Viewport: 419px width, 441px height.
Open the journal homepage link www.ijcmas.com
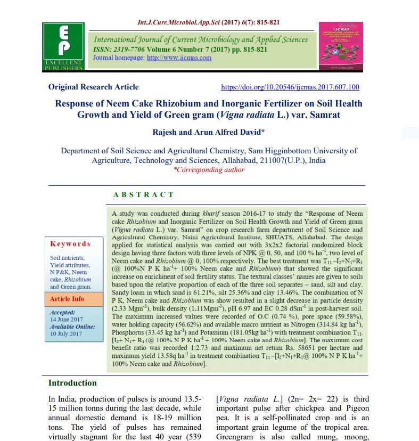pyautogui.click(x=179, y=58)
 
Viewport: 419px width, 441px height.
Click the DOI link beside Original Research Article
pyautogui.click(x=290, y=87)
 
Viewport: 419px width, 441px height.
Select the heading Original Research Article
pyautogui.click(x=93, y=87)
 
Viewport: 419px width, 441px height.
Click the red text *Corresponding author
pyautogui.click(x=209, y=170)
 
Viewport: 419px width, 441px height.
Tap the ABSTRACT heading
pyautogui.click(x=143, y=195)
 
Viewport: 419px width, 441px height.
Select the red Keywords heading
pyautogui.click(x=70, y=243)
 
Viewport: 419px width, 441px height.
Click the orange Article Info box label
pyautogui.click(x=67, y=299)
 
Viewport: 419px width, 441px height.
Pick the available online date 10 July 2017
pyautogui.click(x=67, y=333)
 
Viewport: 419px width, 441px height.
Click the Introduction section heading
pyautogui.click(x=72, y=383)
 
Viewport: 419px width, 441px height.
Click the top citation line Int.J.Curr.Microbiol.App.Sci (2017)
pyautogui.click(x=209, y=22)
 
